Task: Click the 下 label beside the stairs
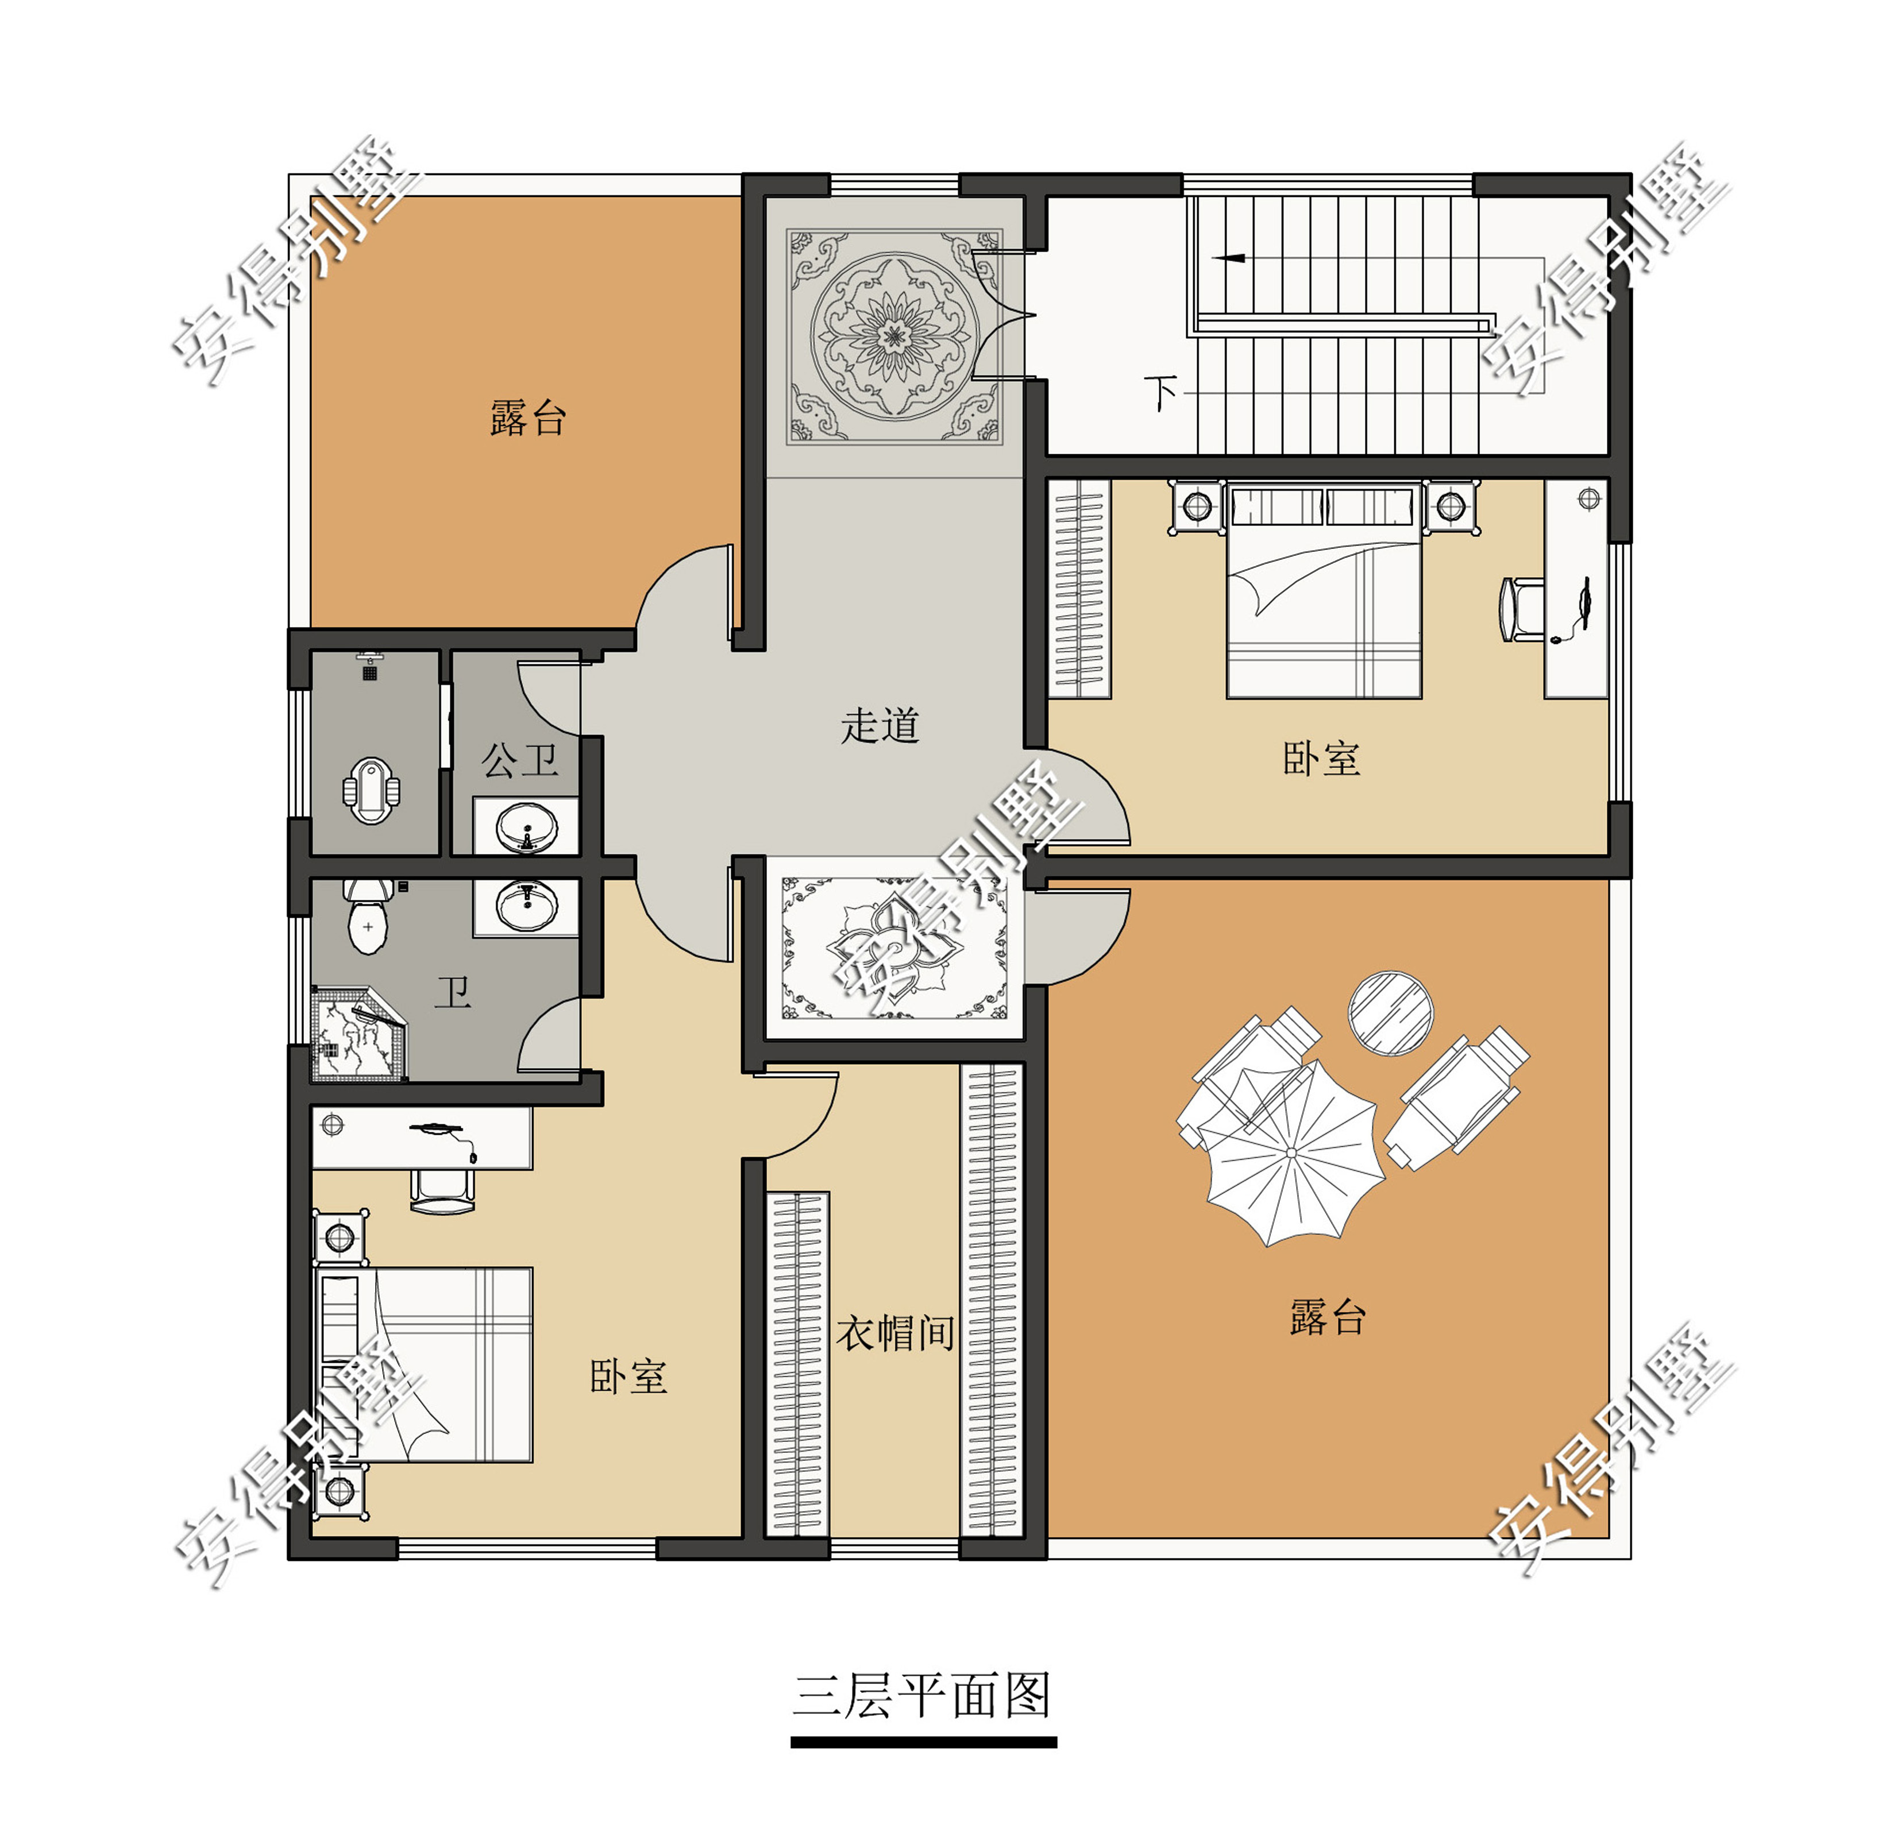(1160, 393)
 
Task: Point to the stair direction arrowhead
(1227, 258)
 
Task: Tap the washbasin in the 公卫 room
(526, 827)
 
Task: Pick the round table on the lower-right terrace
(1390, 1013)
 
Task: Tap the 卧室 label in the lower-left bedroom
(628, 1376)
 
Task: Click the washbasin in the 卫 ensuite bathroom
(526, 907)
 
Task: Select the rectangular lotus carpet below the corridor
(895, 948)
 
